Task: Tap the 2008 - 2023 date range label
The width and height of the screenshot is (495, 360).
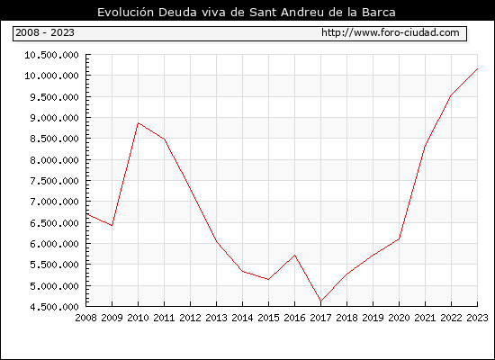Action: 45,32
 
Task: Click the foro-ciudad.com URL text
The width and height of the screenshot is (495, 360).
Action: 391,32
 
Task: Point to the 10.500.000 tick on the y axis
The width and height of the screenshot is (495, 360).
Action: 52,55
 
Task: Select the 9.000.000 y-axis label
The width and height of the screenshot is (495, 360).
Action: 54,118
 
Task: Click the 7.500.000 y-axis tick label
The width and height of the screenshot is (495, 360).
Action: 54,181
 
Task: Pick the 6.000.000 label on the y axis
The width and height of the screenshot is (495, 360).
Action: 54,244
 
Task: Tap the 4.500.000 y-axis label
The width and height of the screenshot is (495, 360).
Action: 54,307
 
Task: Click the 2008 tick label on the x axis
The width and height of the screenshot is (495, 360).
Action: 85,318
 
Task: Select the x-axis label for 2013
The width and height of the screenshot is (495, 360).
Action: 216,318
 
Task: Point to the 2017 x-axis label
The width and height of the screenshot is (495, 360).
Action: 320,318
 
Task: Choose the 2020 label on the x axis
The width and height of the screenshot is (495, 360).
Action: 399,318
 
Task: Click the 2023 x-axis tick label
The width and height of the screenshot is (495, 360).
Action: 477,318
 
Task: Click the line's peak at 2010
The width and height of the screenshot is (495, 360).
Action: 138,122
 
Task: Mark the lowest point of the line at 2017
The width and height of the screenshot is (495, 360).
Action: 320,301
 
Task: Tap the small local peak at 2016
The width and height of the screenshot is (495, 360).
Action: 294,255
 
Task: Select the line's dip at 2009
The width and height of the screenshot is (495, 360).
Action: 112,226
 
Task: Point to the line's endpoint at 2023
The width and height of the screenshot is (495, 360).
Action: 477,68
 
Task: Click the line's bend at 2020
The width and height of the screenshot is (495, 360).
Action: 399,238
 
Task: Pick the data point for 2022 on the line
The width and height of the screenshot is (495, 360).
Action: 451,95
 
